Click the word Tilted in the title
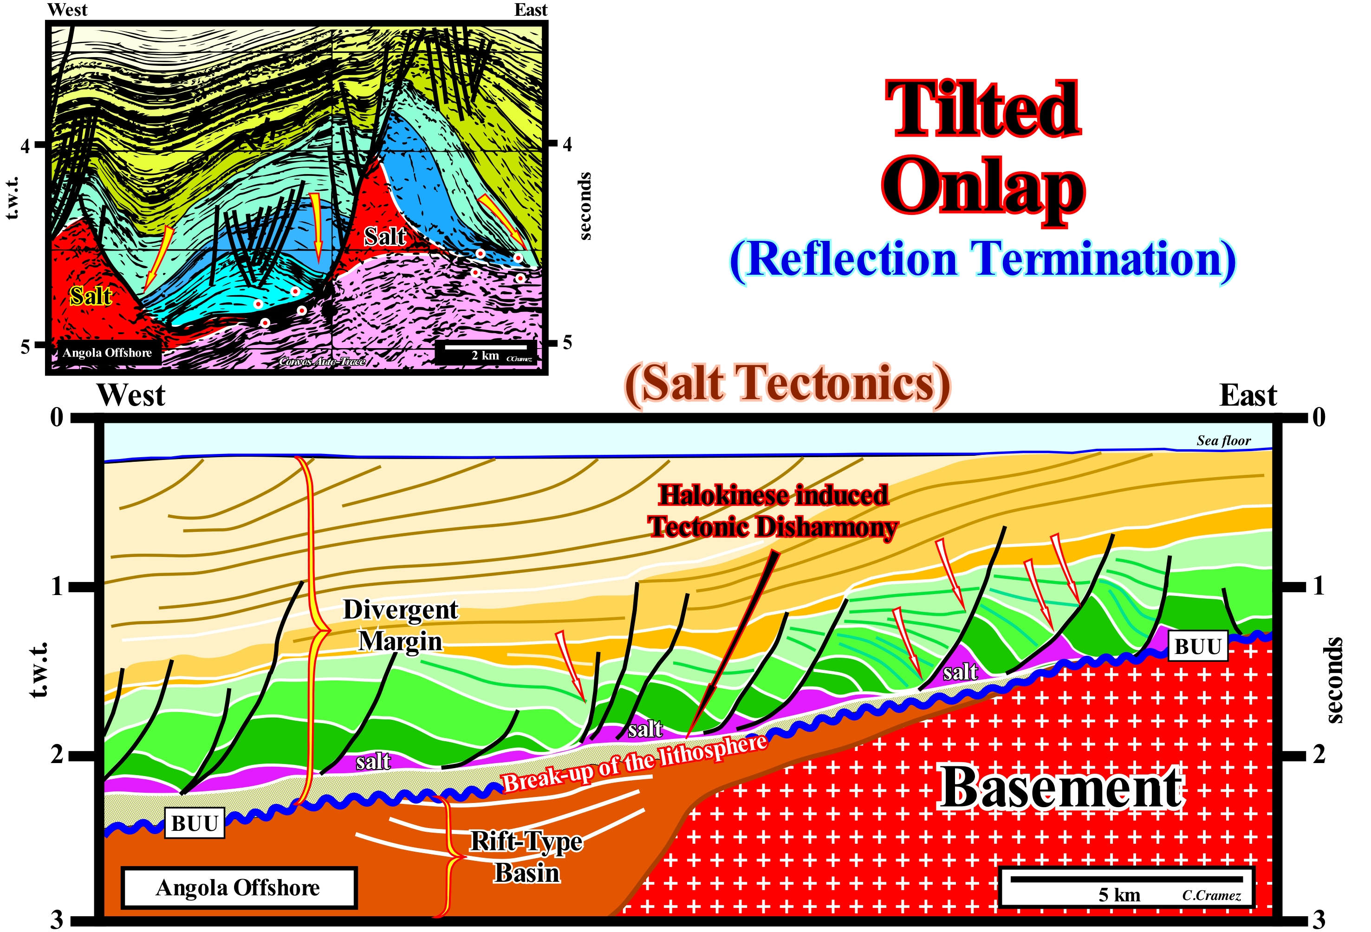pos(983,109)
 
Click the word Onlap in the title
pos(983,188)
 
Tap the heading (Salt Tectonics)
pos(787,385)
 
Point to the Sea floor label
pos(1223,440)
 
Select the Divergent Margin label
pos(401,625)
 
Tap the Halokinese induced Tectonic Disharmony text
pos(773,511)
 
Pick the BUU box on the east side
pos(1197,647)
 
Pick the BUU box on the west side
pos(195,823)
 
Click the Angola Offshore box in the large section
pos(238,887)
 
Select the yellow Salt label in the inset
pos(91,296)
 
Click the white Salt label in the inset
pos(384,237)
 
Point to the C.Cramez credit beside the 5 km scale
pos(1211,895)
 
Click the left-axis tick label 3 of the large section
pos(57,919)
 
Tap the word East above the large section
pos(1248,395)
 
